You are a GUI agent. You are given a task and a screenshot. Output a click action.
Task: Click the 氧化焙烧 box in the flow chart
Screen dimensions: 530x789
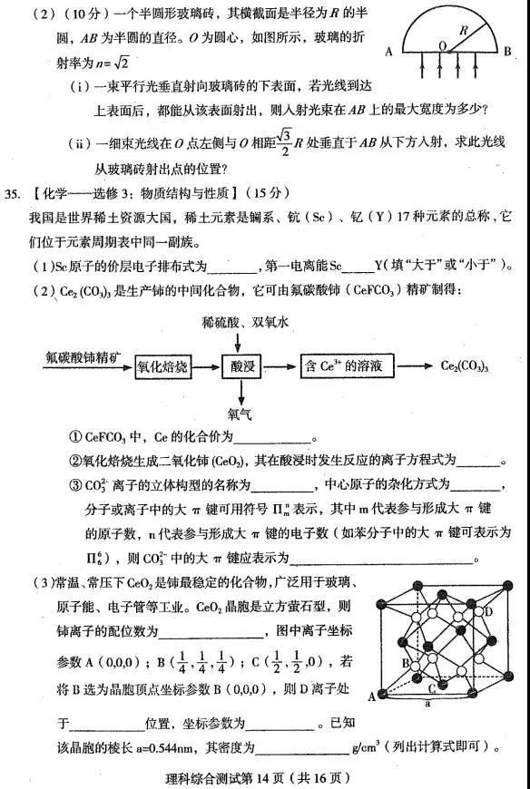tap(162, 365)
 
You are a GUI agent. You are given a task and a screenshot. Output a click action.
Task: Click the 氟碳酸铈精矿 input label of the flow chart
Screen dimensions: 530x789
tap(84, 356)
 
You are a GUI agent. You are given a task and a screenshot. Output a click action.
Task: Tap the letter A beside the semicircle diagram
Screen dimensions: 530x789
tap(388, 53)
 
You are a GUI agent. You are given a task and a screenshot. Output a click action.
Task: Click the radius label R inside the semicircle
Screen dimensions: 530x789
tap(464, 27)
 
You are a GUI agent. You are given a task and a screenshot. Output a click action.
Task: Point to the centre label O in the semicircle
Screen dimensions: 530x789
tap(441, 44)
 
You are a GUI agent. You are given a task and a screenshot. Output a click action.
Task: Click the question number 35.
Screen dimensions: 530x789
tap(13, 194)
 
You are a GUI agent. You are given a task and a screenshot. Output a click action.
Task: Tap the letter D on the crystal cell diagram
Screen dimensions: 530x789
tap(489, 611)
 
